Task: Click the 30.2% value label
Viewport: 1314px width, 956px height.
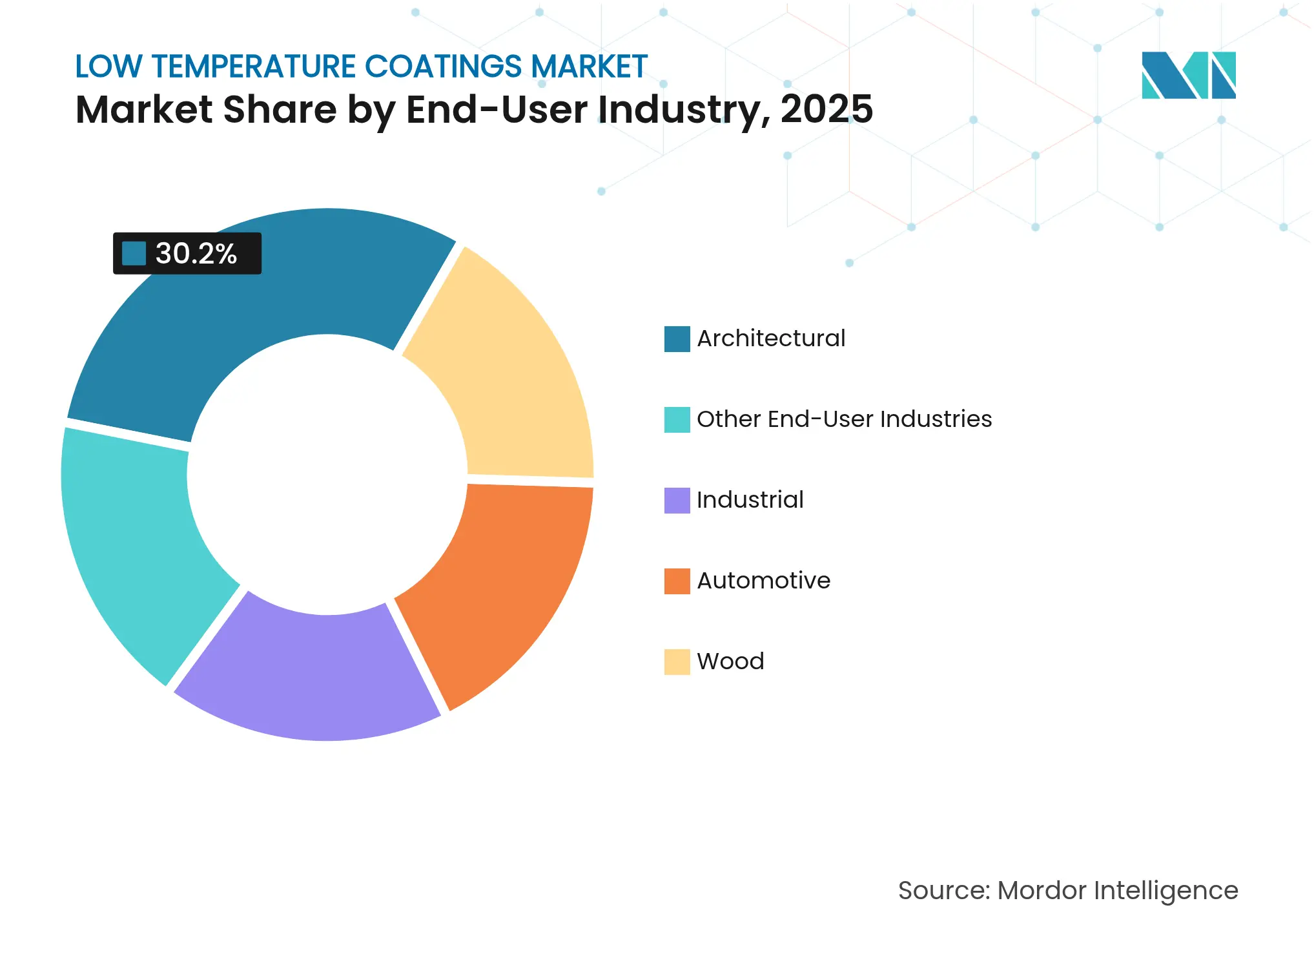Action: click(196, 254)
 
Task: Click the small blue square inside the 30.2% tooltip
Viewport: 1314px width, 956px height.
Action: click(134, 254)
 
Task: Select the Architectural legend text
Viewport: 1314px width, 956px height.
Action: click(771, 338)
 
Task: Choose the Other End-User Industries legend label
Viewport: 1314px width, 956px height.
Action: click(844, 419)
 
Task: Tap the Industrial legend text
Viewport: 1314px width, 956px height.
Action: click(750, 500)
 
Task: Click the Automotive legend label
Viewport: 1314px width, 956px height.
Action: click(763, 581)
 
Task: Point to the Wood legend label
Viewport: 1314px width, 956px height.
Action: click(730, 661)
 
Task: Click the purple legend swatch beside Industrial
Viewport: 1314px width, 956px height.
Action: click(677, 500)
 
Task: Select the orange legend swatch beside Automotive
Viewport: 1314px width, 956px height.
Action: click(677, 581)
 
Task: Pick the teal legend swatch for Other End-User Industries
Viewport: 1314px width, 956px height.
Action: click(677, 419)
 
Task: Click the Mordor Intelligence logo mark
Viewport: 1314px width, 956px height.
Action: click(1188, 75)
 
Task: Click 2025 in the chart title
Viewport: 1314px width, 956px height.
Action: click(826, 109)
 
